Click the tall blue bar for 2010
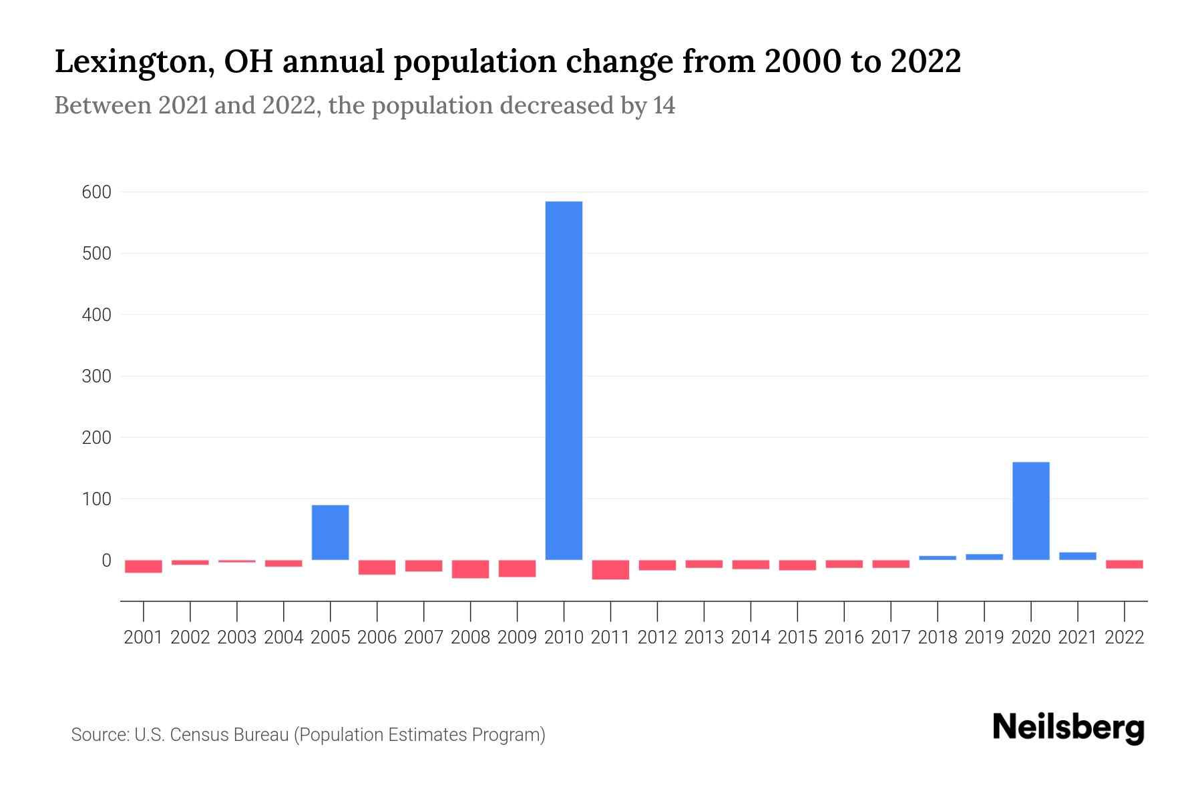pos(564,380)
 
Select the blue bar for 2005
pos(331,532)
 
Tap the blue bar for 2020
pos(1030,511)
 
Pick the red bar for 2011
pos(610,569)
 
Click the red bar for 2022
pos(1124,564)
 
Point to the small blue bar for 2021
pos(1077,555)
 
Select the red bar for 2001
pos(144,566)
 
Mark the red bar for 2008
pos(470,569)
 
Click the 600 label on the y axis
pos(96,192)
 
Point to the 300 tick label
pos(96,376)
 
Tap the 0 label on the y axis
pos(106,561)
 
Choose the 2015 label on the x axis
pos(797,637)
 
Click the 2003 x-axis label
pos(237,637)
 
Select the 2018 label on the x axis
pos(937,637)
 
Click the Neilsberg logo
pos(1068,728)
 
